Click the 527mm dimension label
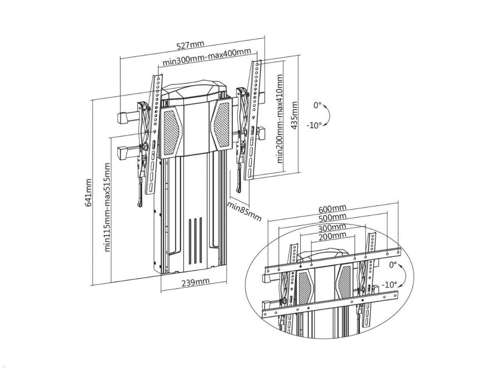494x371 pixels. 190,45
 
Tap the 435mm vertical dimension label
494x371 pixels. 294,116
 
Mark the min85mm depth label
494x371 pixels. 245,211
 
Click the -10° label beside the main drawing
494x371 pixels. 314,125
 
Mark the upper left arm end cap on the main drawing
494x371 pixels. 123,118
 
